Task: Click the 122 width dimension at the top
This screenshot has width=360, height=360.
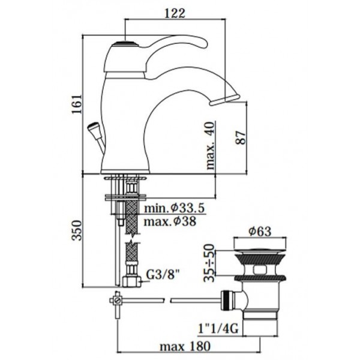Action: tap(175, 13)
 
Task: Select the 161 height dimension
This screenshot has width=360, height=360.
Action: tap(76, 104)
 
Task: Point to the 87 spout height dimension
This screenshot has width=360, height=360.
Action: tap(240, 137)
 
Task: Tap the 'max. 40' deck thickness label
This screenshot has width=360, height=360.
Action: tap(211, 145)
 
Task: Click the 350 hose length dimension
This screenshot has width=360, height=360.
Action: tap(76, 230)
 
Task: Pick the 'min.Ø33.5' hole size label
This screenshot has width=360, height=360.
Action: tap(174, 208)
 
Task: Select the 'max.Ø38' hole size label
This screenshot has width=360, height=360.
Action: tap(170, 221)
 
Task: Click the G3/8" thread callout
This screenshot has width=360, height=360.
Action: tap(163, 275)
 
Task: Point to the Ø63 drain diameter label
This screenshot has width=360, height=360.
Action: tap(260, 232)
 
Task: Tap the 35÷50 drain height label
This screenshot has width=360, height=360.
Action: tap(209, 263)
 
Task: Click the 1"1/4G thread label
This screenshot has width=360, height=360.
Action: tap(218, 329)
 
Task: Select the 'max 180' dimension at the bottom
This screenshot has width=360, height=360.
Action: tap(185, 346)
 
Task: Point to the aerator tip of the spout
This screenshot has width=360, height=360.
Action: tap(224, 100)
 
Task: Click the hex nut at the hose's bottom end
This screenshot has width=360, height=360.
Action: tap(131, 281)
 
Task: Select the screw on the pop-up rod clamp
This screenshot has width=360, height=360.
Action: tap(118, 301)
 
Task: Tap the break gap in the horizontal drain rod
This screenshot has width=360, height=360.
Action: tap(167, 300)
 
